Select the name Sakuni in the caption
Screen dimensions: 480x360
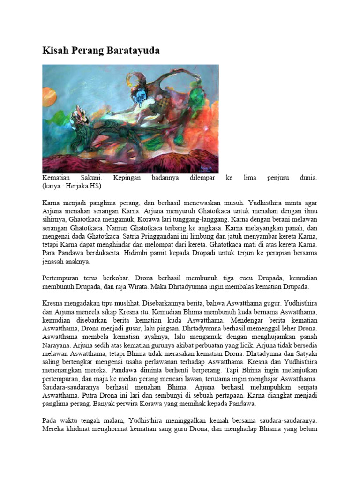click(92, 178)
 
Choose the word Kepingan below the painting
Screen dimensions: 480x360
click(129, 178)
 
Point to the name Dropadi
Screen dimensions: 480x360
click(202, 253)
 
